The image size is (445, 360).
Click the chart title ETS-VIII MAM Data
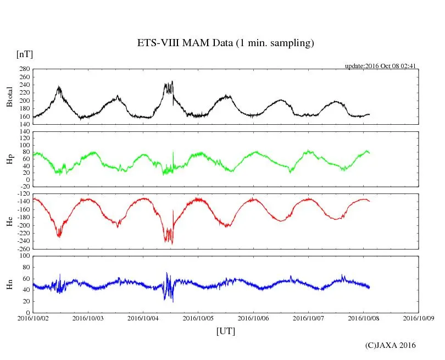[225, 43]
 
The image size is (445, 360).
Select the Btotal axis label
[10, 97]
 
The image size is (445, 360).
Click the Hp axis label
[10, 159]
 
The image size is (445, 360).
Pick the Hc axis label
[10, 221]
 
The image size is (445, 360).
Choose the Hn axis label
[10, 284]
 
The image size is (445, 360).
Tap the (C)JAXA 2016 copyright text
[391, 345]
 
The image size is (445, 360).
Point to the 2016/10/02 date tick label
[33, 318]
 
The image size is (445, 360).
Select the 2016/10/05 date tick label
[198, 318]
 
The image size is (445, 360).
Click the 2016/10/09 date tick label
[419, 318]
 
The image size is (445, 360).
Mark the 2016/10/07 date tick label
[308, 318]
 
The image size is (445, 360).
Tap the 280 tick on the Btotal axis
[24, 69]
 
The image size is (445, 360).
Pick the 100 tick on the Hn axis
[24, 256]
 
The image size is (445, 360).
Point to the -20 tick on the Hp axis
[24, 186]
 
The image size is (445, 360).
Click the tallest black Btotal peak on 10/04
[173, 81]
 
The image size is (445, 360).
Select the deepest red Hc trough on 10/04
[172, 243]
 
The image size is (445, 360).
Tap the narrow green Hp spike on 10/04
[173, 152]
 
